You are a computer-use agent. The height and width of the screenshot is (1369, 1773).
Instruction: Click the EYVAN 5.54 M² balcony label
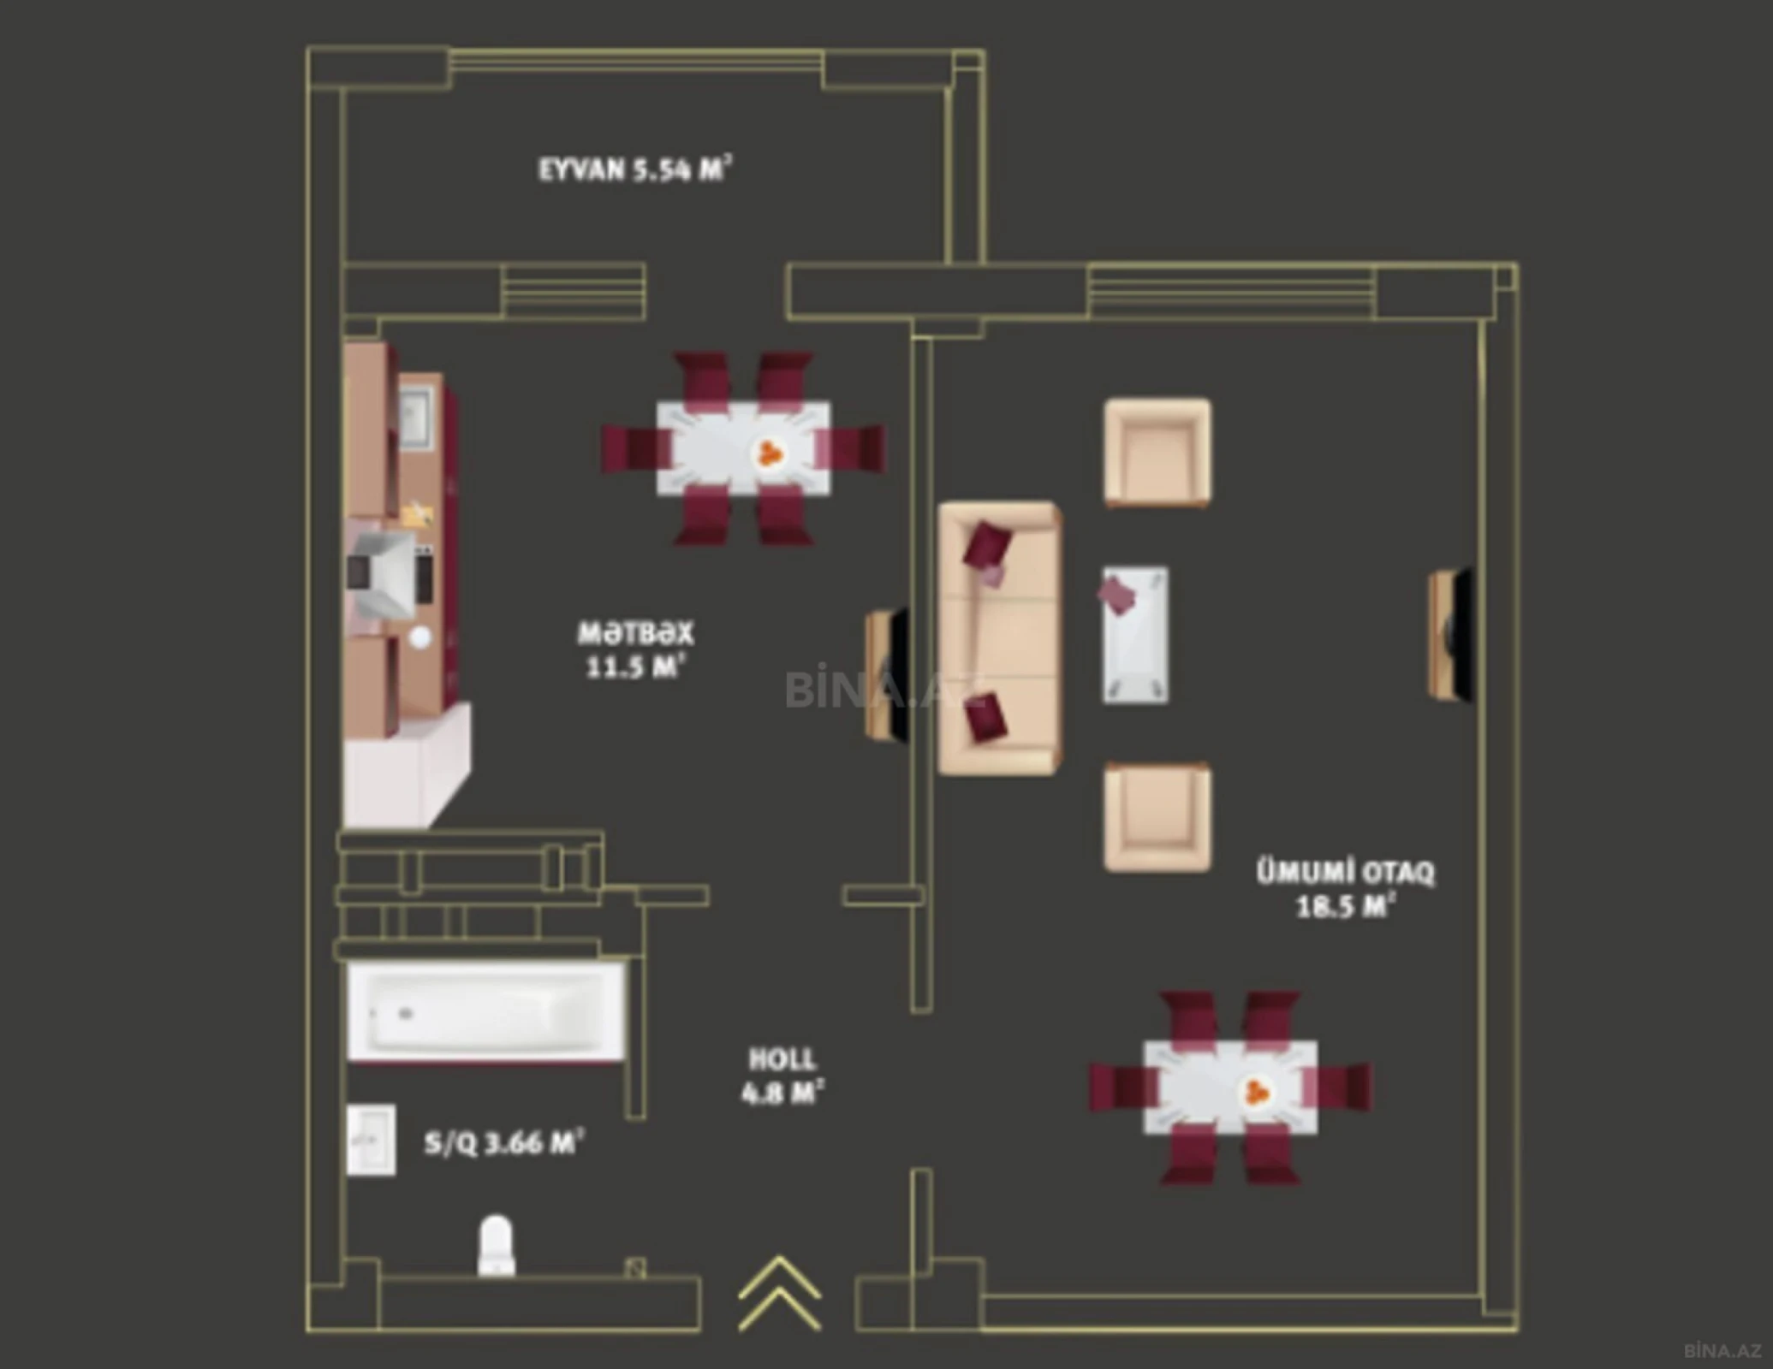tap(634, 169)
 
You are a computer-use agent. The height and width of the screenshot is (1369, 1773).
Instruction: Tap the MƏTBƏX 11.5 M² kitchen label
tap(634, 649)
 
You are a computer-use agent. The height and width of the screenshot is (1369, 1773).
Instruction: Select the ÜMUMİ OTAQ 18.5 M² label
tap(1344, 889)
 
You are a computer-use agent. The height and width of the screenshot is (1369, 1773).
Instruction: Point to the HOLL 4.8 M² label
tap(781, 1076)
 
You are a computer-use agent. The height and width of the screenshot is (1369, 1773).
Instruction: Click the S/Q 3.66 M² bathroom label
tap(503, 1143)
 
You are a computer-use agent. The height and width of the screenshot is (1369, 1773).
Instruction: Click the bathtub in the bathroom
tap(485, 1012)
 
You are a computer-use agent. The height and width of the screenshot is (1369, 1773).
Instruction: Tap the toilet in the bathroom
tap(497, 1245)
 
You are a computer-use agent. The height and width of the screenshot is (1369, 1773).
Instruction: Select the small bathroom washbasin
tap(371, 1140)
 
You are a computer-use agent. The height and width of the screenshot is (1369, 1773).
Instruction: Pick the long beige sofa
tap(999, 638)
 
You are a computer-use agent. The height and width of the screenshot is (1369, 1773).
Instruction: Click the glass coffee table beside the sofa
tap(1135, 635)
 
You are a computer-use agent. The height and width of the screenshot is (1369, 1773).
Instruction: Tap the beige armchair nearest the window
tap(1157, 451)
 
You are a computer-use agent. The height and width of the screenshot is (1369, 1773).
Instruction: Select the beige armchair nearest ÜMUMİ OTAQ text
tap(1157, 816)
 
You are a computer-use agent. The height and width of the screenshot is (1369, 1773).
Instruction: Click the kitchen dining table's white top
tap(742, 448)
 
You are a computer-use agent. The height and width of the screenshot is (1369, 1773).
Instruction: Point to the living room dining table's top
tap(1229, 1087)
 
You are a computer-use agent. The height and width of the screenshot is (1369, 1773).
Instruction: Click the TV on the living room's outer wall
tap(1450, 634)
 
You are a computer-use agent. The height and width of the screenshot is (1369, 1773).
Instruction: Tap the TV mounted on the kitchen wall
tap(887, 674)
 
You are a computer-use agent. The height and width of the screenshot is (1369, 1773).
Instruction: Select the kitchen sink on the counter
tap(416, 417)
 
